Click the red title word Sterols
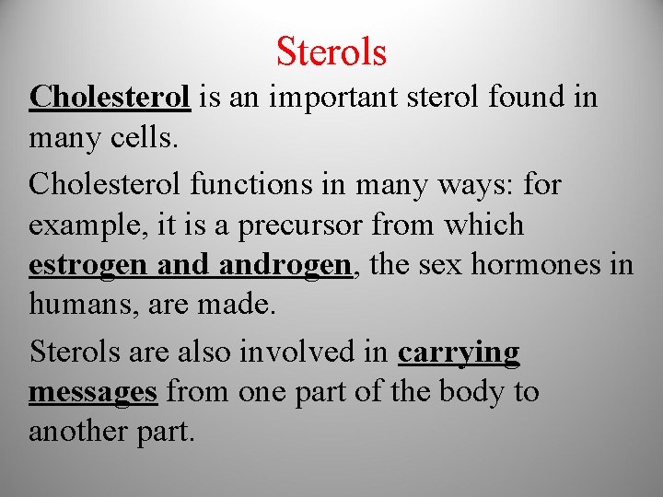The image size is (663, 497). pyautogui.click(x=331, y=52)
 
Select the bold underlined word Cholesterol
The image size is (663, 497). pyautogui.click(x=110, y=97)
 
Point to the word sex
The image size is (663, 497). pyautogui.click(x=445, y=265)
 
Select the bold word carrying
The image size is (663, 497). pyautogui.click(x=459, y=353)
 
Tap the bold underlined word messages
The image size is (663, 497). pyautogui.click(x=93, y=393)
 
